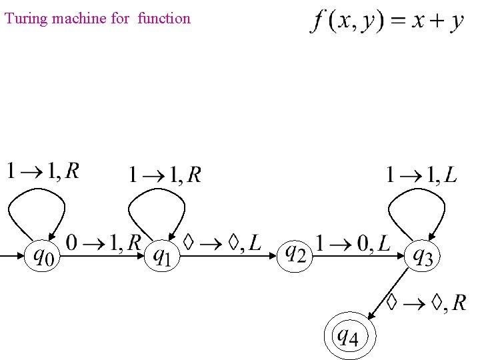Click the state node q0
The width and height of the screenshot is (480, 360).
(41, 255)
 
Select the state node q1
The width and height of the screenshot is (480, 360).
(161, 255)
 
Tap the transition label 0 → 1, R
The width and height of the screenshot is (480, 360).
(103, 242)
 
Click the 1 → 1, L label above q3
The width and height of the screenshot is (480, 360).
(422, 175)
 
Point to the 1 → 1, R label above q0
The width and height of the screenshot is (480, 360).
(43, 172)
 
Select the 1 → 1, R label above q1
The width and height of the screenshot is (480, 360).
(165, 175)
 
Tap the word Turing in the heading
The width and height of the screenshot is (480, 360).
(23, 19)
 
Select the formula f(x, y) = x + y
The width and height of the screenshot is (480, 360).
(387, 21)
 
